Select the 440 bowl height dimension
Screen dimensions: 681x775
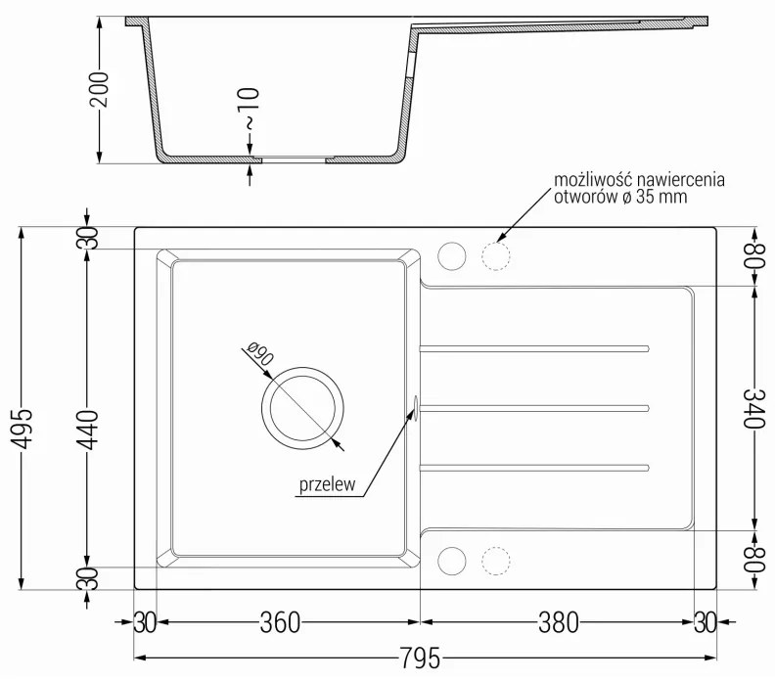click(x=87, y=408)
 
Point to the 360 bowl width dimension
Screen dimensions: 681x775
click(x=279, y=621)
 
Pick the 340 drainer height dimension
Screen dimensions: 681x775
click(x=754, y=408)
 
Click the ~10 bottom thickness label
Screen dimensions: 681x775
click(x=250, y=110)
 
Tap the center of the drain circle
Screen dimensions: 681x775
click(x=301, y=408)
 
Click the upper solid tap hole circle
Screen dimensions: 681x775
click(x=452, y=256)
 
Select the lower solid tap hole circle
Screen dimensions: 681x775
click(x=452, y=560)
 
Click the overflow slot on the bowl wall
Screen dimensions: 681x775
click(x=418, y=408)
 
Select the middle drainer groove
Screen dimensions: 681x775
click(x=534, y=405)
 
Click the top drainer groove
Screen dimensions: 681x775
click(x=534, y=347)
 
